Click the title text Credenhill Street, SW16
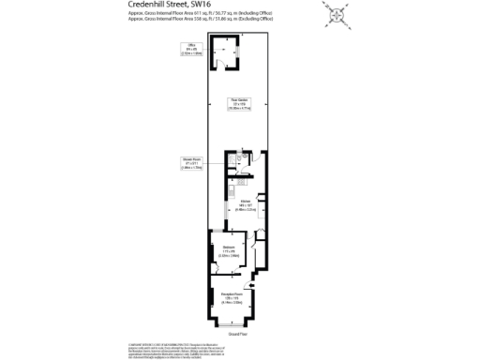pos(169,5)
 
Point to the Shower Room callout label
pos(192,163)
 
